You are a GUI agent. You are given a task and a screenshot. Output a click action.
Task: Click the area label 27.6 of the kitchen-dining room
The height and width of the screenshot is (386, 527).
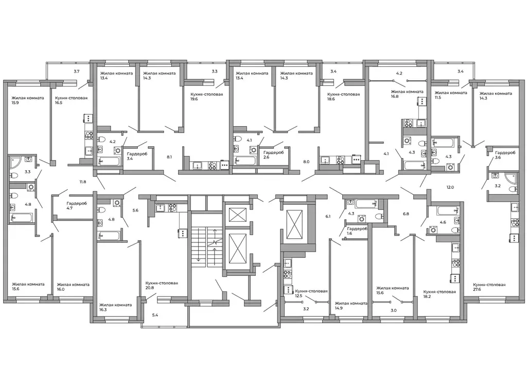tap(477, 289)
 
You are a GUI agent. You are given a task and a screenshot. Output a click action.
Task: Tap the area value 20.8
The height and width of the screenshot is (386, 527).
tap(150, 288)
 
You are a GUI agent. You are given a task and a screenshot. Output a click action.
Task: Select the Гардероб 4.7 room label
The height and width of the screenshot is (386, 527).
tap(77, 205)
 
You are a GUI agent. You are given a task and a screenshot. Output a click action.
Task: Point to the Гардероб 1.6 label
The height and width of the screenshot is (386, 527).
tap(357, 231)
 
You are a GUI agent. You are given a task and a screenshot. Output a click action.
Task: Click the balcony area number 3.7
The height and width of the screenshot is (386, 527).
tap(77, 72)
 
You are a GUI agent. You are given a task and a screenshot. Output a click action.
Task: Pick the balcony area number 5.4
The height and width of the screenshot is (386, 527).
tap(155, 315)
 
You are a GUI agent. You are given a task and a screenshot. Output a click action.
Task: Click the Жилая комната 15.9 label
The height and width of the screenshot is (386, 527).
tap(28, 100)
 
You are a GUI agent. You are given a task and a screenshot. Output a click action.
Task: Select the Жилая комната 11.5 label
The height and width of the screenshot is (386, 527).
tap(451, 95)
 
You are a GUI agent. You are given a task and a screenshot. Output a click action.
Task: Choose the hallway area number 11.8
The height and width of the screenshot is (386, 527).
tap(83, 182)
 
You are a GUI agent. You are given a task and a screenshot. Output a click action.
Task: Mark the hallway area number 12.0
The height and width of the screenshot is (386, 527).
tap(450, 187)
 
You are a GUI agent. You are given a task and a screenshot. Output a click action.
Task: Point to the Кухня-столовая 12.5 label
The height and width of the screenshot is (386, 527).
tap(311, 293)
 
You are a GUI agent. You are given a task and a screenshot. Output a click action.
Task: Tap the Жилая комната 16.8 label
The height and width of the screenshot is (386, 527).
tap(407, 94)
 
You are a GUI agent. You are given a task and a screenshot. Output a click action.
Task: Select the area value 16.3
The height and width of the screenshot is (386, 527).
tap(102, 310)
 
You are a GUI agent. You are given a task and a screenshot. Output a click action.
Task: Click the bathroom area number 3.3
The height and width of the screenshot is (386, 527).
tap(28, 172)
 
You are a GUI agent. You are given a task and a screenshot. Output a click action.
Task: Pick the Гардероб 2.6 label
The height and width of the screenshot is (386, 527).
tap(274, 155)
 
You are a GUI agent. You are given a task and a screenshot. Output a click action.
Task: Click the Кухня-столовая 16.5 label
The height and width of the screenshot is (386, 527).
tap(71, 100)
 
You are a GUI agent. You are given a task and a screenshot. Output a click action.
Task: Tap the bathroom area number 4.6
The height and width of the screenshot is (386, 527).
tap(443, 222)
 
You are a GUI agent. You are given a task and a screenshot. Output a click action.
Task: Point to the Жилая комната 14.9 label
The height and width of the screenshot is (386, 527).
tap(351, 305)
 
